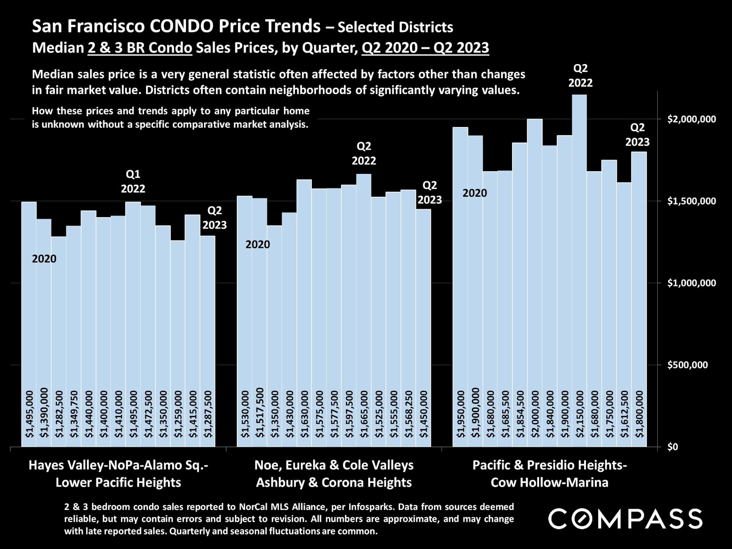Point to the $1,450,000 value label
(424, 414)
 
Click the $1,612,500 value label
(624, 414)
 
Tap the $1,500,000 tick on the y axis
(691, 201)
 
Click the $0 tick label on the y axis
(673, 447)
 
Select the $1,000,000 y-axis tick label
(691, 283)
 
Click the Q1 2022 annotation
(133, 181)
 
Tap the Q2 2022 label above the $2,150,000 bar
(580, 75)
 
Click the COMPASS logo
(625, 519)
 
